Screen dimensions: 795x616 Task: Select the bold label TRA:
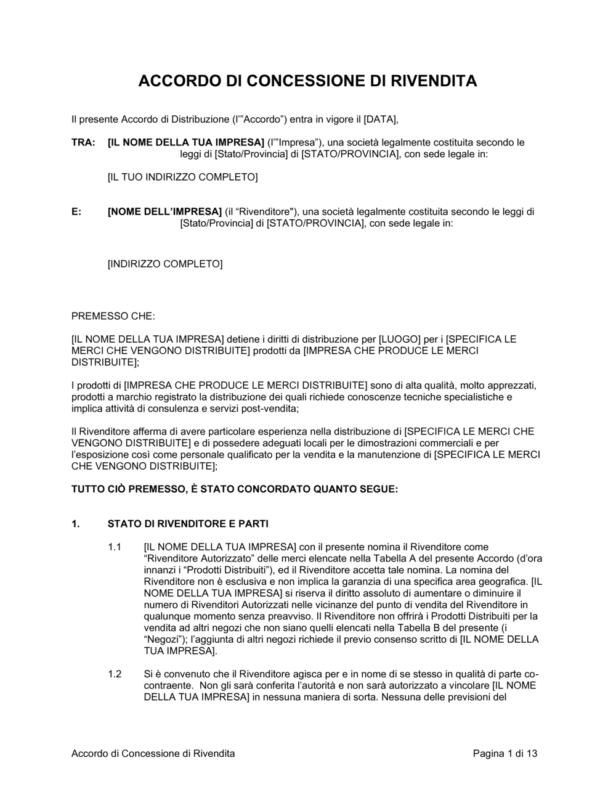coord(83,142)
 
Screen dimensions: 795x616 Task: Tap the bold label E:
coord(76,212)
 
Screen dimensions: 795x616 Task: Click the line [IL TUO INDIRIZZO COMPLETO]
coord(182,177)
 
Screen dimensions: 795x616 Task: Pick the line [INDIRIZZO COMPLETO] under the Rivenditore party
coord(165,264)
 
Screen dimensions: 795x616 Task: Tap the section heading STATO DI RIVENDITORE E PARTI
coord(188,524)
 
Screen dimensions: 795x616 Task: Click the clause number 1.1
coord(115,547)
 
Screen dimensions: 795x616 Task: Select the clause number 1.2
coord(115,674)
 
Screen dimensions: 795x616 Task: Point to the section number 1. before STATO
coord(76,524)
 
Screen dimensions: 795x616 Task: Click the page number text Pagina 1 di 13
coord(505,753)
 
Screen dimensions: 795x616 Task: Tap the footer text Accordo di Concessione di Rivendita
coord(153,753)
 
